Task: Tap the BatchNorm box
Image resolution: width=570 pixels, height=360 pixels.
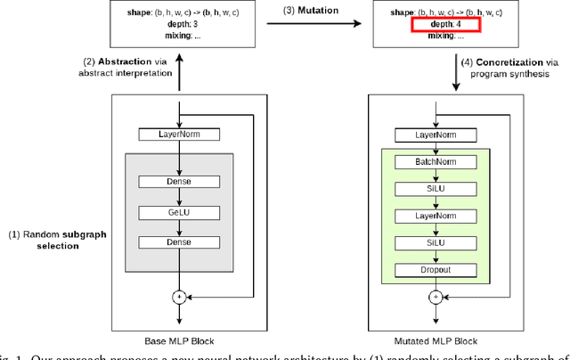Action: tap(436, 162)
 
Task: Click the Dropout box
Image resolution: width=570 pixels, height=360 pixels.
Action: tap(436, 269)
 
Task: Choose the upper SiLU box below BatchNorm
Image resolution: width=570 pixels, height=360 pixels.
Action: tap(436, 189)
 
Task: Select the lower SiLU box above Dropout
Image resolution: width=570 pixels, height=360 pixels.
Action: tap(436, 242)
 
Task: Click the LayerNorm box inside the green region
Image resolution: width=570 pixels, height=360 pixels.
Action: tap(436, 216)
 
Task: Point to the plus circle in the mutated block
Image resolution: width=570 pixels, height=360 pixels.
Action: tap(436, 297)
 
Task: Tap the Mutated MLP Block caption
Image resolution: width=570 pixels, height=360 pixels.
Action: tap(436, 341)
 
